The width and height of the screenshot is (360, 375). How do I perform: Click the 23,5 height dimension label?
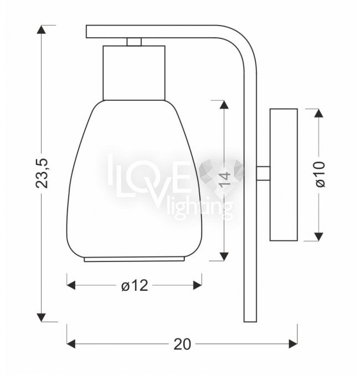42,173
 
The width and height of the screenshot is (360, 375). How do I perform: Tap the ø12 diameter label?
135,285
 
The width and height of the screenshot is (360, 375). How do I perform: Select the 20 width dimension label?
182,344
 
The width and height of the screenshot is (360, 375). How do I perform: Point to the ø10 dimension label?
321,174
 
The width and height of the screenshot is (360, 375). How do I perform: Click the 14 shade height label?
225,178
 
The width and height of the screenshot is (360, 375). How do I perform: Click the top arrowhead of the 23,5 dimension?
42,29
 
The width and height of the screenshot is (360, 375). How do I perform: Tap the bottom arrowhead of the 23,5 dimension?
42,317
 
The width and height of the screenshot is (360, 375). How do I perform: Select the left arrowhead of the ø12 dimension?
71,285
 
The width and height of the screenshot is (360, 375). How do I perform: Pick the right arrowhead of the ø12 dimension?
197,285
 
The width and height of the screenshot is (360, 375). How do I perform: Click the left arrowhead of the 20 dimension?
71,344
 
